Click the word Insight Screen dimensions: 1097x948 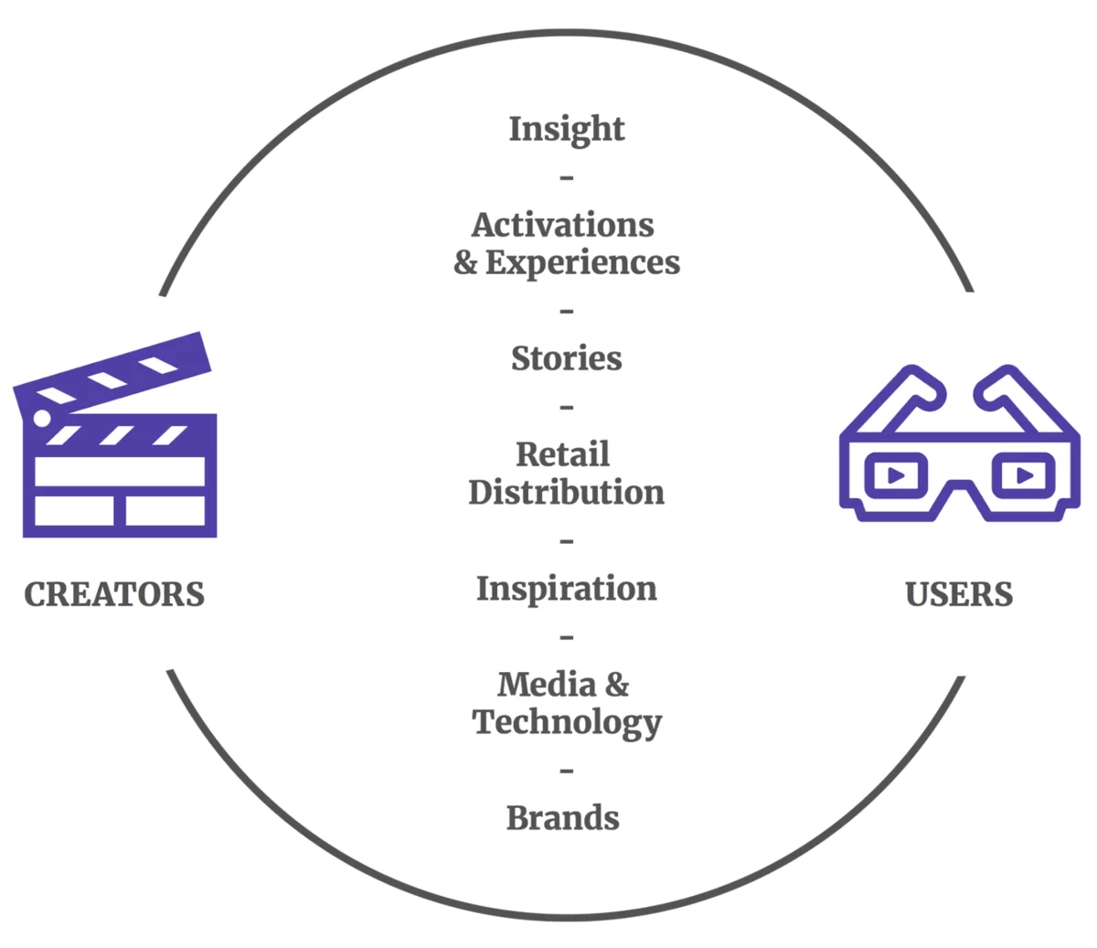coord(566,129)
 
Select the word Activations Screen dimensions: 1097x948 coord(562,225)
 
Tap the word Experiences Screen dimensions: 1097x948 coord(582,263)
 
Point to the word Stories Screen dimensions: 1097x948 coord(566,358)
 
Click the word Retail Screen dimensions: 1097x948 coord(562,454)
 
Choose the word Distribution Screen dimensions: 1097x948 coord(566,492)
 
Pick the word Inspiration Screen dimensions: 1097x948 coord(566,589)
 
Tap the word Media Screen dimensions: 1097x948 coord(547,685)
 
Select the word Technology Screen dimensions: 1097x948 coord(566,723)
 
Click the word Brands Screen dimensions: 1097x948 coord(562,818)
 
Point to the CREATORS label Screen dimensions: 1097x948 coord(114,594)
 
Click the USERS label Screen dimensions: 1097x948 coord(959,594)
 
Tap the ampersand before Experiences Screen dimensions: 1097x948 coord(465,262)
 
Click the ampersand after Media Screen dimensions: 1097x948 coord(617,685)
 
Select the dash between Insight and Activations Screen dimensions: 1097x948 coord(566,177)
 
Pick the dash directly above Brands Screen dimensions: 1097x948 coord(566,770)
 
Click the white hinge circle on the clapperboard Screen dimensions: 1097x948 coord(42,419)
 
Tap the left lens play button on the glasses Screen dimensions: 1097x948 coord(895,475)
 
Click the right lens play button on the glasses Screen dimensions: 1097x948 coord(1024,475)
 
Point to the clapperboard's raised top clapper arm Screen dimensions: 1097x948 coord(112,374)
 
